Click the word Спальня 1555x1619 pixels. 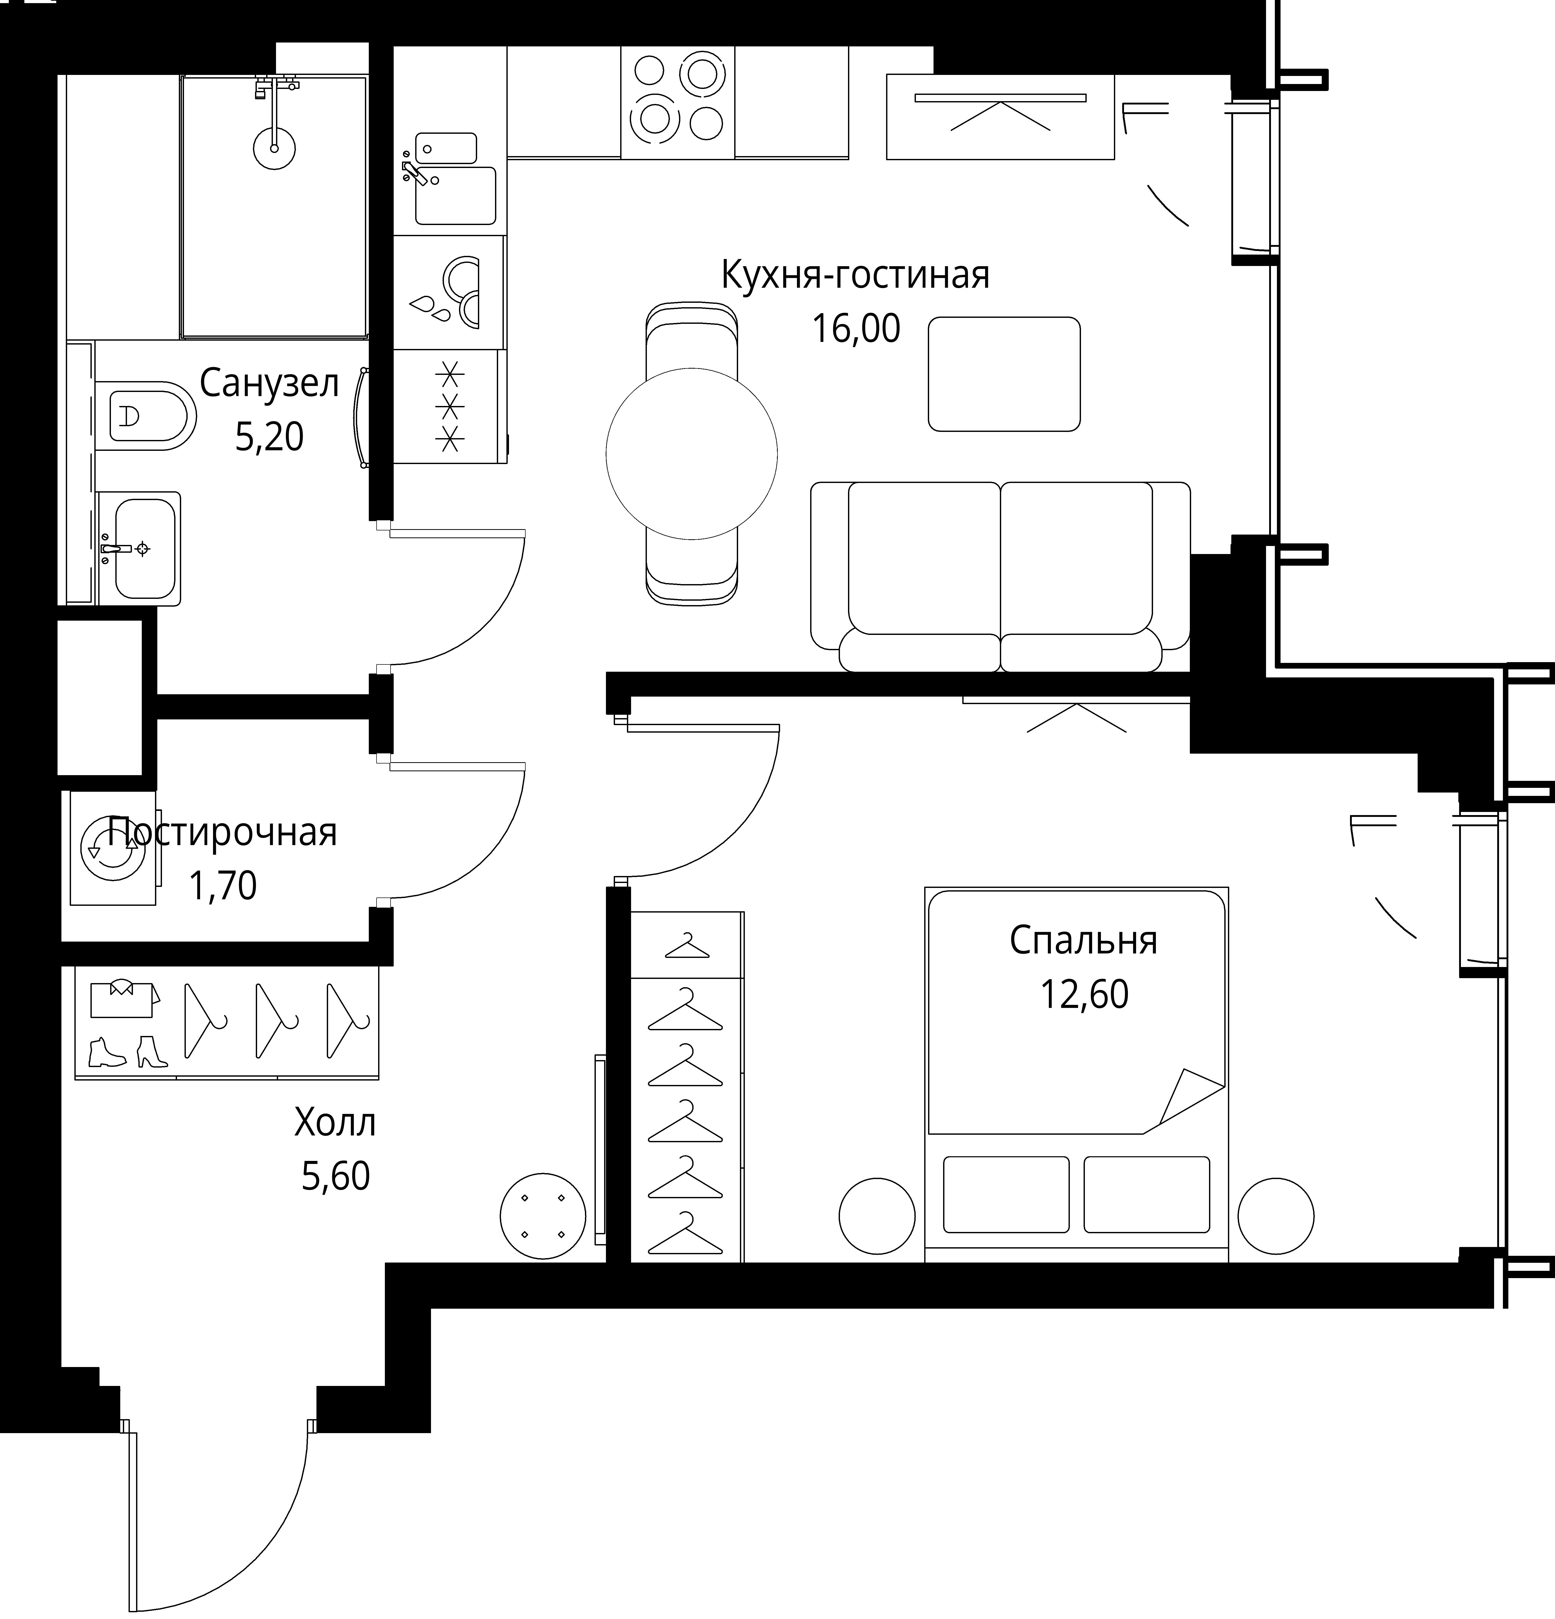coord(1084,941)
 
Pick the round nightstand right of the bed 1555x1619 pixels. coord(1276,1216)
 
